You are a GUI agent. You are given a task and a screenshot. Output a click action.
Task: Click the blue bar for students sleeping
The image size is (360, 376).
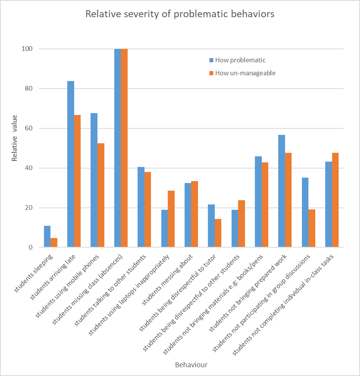pos(47,237)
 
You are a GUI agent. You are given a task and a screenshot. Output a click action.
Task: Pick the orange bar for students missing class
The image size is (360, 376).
pos(124,148)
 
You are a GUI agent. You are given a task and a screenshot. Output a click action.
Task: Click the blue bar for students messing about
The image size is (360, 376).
pos(188,215)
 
